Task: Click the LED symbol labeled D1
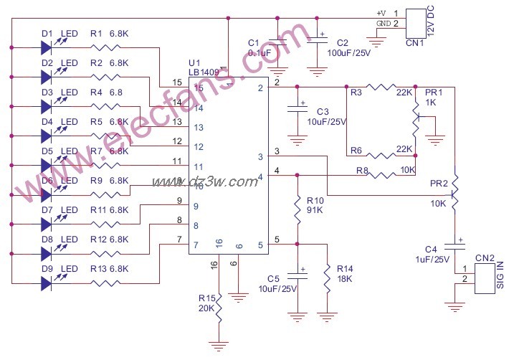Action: [47, 48]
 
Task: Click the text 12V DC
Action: [431, 22]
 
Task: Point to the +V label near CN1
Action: [381, 13]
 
